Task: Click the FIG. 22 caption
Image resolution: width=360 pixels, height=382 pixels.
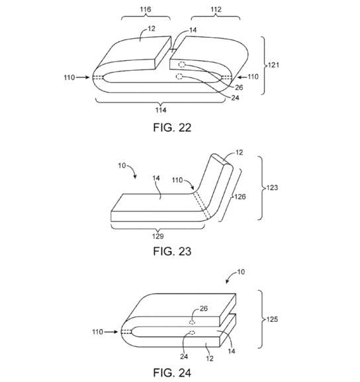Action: click(x=172, y=128)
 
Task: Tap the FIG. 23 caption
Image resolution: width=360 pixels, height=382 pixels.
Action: click(x=172, y=251)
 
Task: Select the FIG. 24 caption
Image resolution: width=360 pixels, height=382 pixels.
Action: click(x=172, y=373)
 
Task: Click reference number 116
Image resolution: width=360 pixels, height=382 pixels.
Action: click(x=146, y=9)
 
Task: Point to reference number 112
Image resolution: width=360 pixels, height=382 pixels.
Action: click(x=216, y=9)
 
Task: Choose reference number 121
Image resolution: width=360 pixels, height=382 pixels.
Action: click(x=273, y=65)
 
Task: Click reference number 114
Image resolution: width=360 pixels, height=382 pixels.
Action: click(x=161, y=110)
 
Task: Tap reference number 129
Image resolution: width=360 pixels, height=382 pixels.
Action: click(x=157, y=236)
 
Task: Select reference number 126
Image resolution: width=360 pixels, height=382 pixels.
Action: click(x=240, y=196)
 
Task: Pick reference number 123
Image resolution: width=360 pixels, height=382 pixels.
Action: click(x=272, y=188)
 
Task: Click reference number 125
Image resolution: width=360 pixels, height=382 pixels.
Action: click(x=272, y=319)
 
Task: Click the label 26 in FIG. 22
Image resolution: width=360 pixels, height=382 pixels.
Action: click(x=239, y=87)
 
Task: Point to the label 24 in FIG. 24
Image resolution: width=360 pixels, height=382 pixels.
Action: click(x=184, y=357)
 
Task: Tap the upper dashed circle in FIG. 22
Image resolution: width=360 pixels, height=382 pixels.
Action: click(x=182, y=65)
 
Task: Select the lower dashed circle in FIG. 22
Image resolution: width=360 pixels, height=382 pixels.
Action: click(x=179, y=77)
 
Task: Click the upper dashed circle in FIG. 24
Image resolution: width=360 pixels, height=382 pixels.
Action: click(x=192, y=323)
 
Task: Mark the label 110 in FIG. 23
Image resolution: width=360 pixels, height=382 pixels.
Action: click(x=177, y=180)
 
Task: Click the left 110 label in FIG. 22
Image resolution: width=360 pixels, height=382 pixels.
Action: click(x=69, y=77)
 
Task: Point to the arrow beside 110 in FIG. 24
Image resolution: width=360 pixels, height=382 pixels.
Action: click(x=111, y=332)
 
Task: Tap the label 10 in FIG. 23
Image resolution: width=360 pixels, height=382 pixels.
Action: click(x=122, y=166)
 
